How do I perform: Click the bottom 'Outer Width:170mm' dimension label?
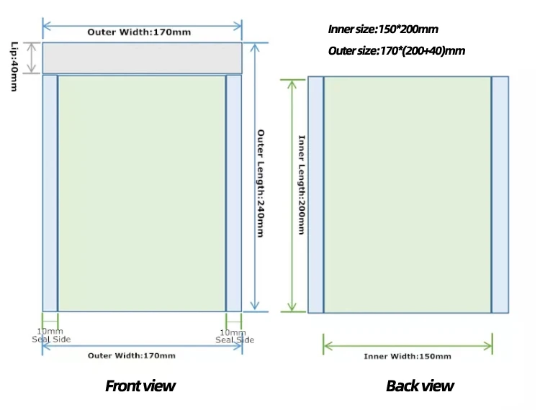[x=132, y=355]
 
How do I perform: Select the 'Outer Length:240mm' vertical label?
[x=261, y=183]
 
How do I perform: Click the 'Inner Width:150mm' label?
[x=408, y=356]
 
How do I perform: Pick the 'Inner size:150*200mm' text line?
[x=382, y=29]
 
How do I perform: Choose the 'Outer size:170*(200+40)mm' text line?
[x=396, y=50]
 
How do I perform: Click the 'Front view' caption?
[x=140, y=386]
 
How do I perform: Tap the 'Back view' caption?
[x=420, y=386]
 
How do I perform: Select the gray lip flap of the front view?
[x=142, y=58]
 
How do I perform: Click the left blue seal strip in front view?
[x=50, y=193]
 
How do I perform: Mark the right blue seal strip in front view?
[x=234, y=193]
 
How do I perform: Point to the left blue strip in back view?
[x=315, y=194]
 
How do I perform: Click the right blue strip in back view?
[x=500, y=194]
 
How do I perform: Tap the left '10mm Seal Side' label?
[x=50, y=336]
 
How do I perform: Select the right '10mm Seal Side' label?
[x=234, y=336]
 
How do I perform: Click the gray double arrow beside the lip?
[x=32, y=58]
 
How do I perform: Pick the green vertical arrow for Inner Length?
[x=292, y=194]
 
